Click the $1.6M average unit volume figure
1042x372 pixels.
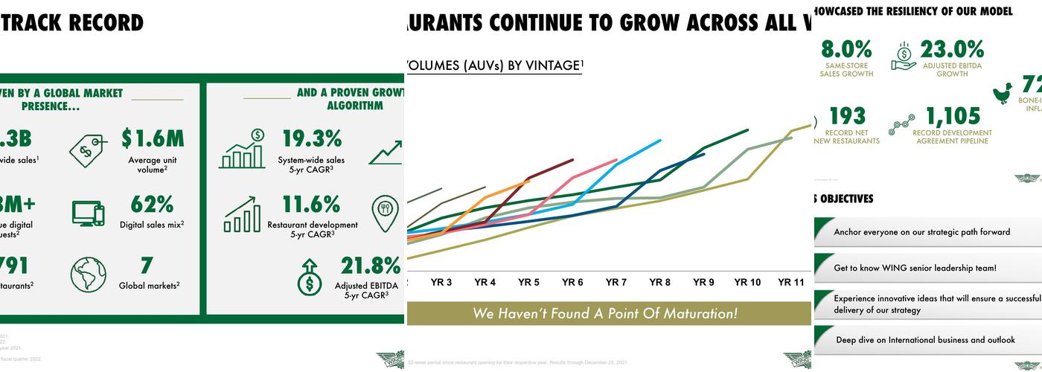coord(152,138)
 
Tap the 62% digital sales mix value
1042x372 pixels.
coord(152,204)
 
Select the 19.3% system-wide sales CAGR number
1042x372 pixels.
coord(311,138)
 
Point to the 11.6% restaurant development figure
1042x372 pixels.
coord(311,204)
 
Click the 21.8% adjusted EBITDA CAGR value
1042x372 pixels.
coord(371,266)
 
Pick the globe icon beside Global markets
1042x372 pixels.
coord(89,275)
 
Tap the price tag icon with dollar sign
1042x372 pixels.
coord(89,150)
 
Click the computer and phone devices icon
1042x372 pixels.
coord(89,213)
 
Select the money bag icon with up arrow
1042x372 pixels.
coord(309,276)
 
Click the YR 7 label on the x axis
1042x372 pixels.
coord(616,283)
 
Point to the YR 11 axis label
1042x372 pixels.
coord(791,283)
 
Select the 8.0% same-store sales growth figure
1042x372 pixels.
coord(846,50)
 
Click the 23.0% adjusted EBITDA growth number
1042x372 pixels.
coord(952,50)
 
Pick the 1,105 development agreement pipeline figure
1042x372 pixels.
coord(953,116)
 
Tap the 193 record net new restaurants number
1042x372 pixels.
coord(847,116)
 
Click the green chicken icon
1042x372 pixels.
coord(1003,93)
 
